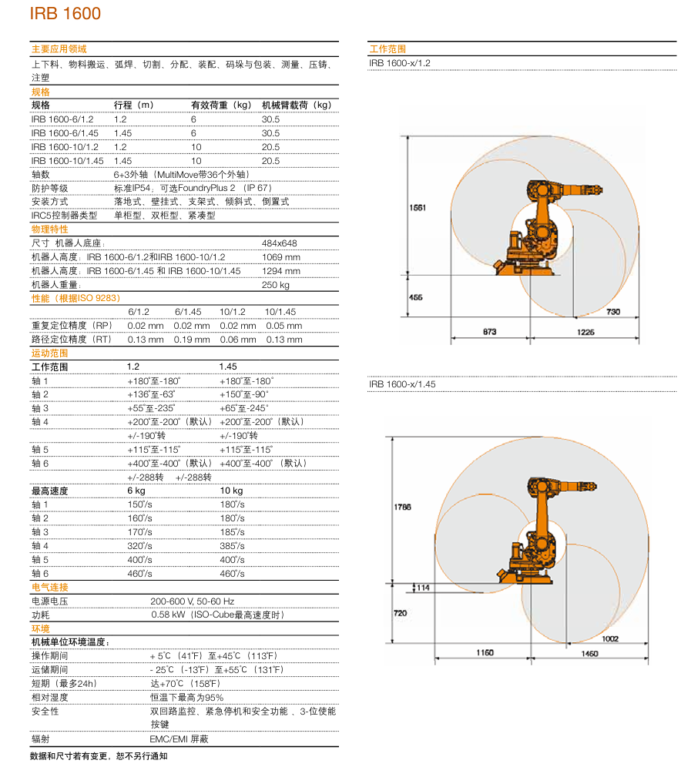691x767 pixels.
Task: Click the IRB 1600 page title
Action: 65,14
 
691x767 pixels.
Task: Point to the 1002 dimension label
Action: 610,638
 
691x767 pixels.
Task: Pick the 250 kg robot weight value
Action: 275,285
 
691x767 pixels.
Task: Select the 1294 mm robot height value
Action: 281,271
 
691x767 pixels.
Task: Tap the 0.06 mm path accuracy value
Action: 238,340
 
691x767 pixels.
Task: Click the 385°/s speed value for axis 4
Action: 232,546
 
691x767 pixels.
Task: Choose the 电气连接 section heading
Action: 50,588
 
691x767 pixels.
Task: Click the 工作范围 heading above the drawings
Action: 387,49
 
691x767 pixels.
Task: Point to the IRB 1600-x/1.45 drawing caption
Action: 402,383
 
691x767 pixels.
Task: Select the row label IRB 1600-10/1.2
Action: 65,147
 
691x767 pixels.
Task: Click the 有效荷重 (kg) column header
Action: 221,106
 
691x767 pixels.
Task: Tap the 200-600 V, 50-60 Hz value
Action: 193,601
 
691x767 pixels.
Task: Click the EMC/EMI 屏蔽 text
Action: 179,739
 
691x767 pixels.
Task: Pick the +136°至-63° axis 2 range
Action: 152,394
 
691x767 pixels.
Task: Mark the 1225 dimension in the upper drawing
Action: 585,332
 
